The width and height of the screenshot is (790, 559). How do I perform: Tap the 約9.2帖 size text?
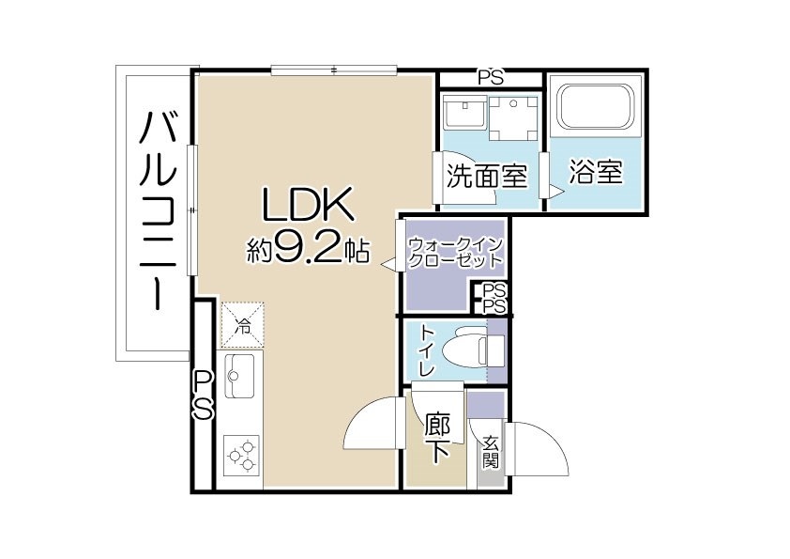point(307,251)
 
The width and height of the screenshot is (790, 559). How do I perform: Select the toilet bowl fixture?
point(473,350)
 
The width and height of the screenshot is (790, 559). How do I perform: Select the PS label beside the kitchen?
point(203,395)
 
